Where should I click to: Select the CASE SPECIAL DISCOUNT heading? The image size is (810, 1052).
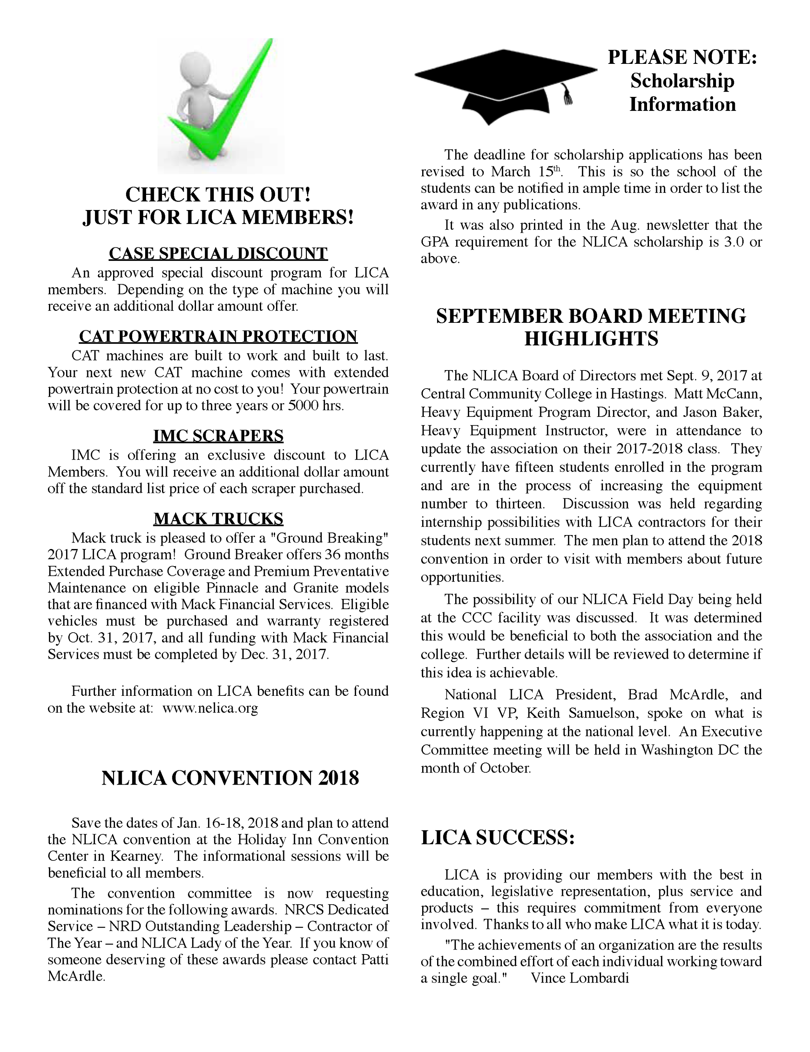(x=218, y=253)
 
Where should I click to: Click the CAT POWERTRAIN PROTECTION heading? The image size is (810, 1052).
(x=218, y=336)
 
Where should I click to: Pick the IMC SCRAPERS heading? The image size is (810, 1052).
(x=218, y=436)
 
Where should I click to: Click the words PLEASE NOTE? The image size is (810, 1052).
(x=682, y=57)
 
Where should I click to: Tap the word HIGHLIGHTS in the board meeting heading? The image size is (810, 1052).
(x=591, y=339)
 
